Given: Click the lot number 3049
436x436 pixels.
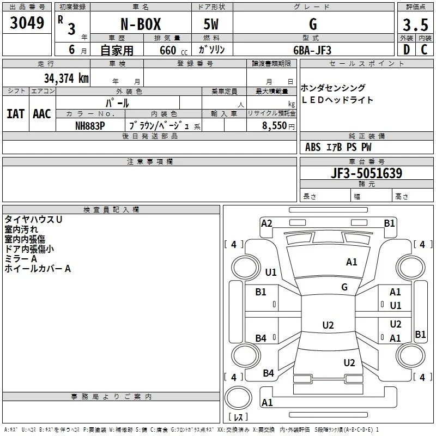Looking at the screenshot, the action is click(x=27, y=23).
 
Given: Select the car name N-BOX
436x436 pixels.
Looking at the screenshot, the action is click(x=141, y=24).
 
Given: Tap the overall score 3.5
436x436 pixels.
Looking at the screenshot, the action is click(x=415, y=25).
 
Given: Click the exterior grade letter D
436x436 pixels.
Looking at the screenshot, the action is click(x=407, y=50).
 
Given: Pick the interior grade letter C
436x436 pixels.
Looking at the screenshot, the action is click(x=424, y=50).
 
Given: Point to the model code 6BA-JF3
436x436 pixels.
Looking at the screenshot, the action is click(x=312, y=50).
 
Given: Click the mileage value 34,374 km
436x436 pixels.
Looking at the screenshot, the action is click(x=66, y=78).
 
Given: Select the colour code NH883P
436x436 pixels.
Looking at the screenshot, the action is click(x=90, y=126).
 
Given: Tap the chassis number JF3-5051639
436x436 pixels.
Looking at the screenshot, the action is click(x=366, y=173).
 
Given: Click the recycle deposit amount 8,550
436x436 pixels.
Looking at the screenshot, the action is click(x=274, y=126).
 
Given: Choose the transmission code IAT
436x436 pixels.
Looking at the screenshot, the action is click(x=16, y=114).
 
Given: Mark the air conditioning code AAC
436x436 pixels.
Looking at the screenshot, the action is click(x=42, y=114).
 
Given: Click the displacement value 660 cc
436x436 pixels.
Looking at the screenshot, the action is click(x=173, y=51).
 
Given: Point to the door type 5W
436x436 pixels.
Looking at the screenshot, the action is click(x=211, y=24).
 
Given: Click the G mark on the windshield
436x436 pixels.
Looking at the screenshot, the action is click(x=344, y=287).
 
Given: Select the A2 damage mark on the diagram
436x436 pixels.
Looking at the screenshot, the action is click(x=267, y=223).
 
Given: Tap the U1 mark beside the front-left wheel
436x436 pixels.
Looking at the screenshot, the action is click(x=271, y=272).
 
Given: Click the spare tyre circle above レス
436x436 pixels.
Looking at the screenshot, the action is click(x=238, y=398).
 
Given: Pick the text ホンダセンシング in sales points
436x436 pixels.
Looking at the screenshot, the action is click(x=333, y=88).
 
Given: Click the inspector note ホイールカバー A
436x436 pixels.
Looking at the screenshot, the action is click(x=38, y=269).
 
